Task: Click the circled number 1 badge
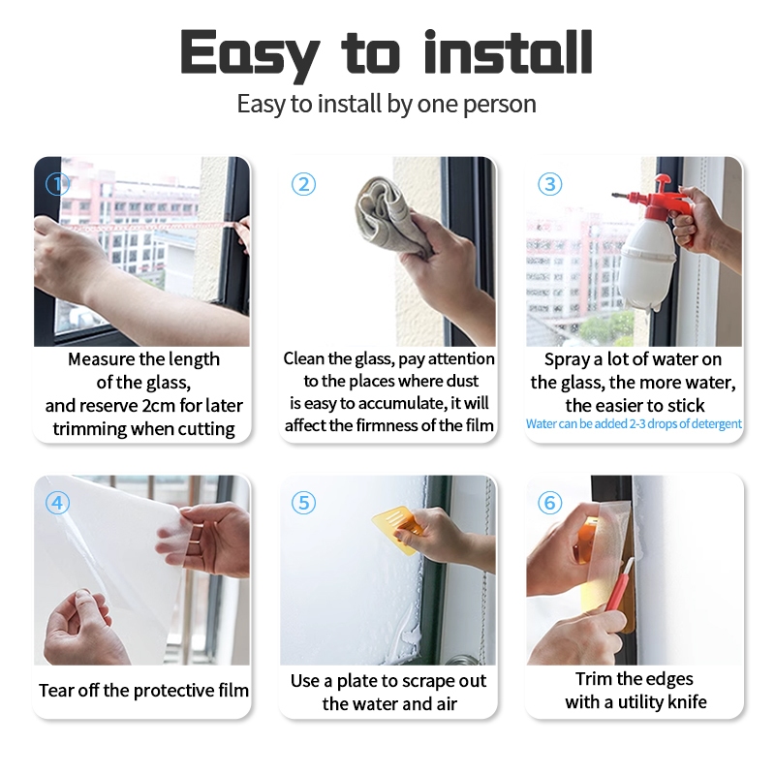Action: [57, 184]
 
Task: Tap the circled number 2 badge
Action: [303, 184]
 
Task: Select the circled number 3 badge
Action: [549, 184]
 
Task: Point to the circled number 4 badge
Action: [57, 503]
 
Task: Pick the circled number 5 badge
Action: [303, 503]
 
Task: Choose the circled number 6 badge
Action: [549, 503]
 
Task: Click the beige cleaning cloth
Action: [388, 217]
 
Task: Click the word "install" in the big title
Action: [508, 52]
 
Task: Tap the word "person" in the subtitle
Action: [500, 106]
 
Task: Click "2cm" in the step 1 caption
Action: [158, 406]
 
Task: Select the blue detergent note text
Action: [634, 424]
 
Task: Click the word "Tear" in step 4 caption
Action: [56, 691]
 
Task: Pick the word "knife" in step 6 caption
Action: [687, 701]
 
